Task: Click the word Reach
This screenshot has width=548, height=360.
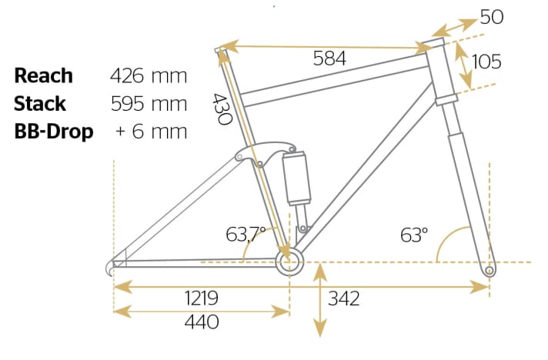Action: [44, 75]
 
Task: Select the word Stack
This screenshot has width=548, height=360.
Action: [40, 103]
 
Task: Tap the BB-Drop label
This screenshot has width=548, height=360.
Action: [54, 131]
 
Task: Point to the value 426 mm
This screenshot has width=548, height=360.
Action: [149, 75]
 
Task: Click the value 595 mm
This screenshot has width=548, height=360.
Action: [149, 103]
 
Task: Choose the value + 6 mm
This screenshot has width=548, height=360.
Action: [151, 131]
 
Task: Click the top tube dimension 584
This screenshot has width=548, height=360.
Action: [329, 58]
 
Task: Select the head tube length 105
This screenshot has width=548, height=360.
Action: [485, 62]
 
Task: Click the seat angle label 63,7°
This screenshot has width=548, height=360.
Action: [246, 233]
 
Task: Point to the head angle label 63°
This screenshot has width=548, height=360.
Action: [414, 235]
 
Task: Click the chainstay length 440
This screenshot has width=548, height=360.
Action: [202, 322]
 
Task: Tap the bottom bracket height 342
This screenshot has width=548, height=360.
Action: [343, 298]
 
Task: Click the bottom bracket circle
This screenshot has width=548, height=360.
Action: [289, 264]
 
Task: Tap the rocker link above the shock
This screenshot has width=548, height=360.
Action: [266, 154]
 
